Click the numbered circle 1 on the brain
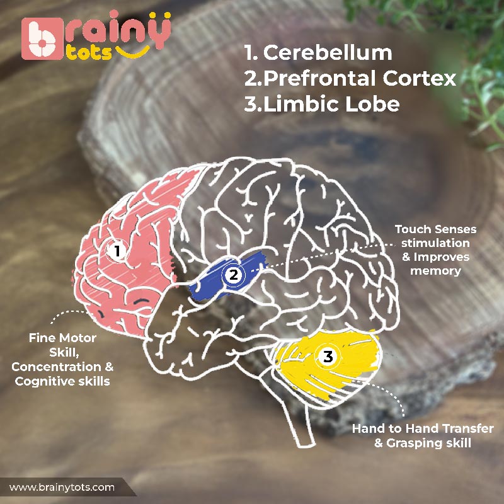pos(117,251)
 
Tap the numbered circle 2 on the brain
pos(234,275)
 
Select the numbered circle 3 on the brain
pos(328,357)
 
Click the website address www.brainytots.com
pos(62,487)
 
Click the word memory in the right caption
pos(436,271)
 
